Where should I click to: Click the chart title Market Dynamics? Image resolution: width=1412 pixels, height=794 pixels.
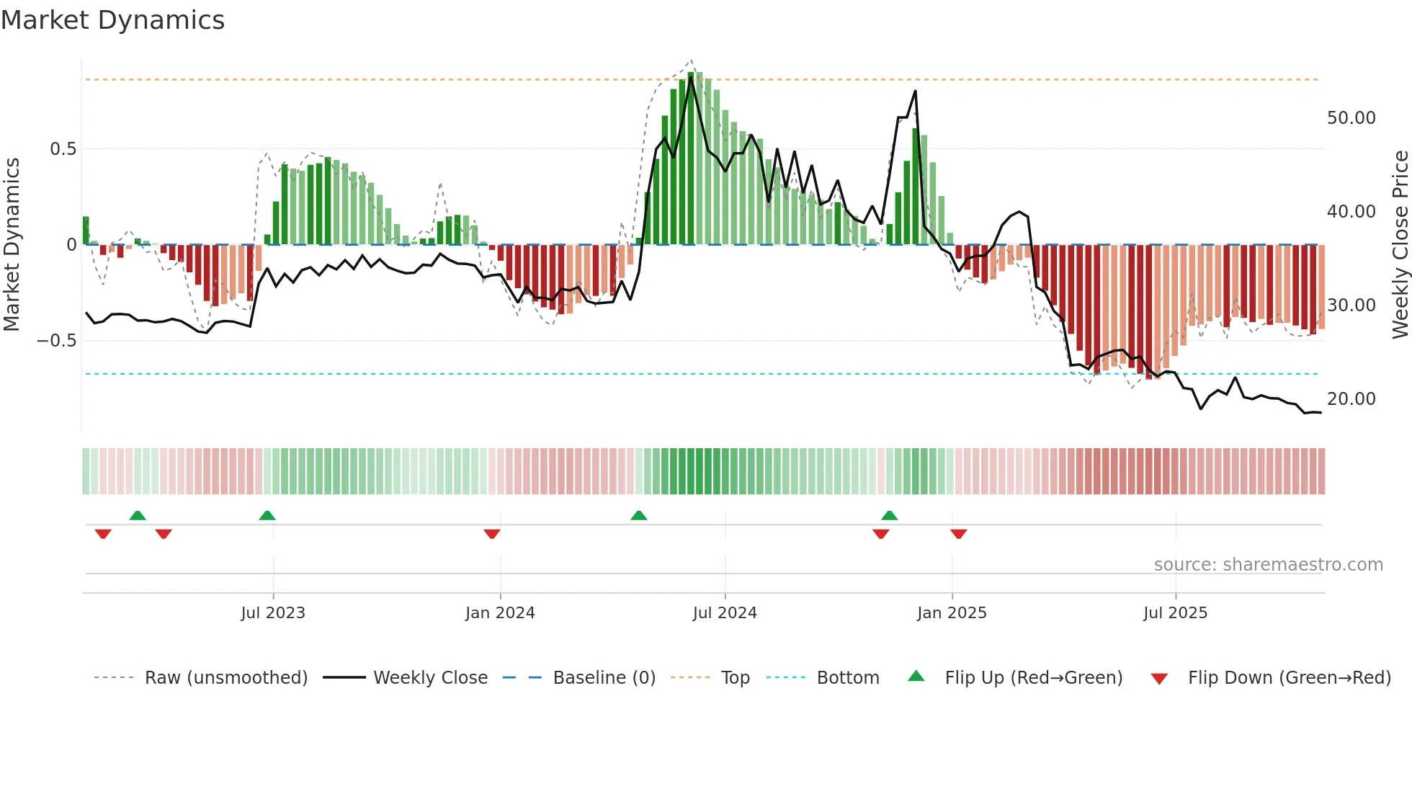click(x=113, y=20)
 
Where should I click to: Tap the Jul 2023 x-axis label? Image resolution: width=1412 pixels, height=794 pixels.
click(x=273, y=613)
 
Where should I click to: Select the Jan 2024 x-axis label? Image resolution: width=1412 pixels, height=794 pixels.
click(x=500, y=613)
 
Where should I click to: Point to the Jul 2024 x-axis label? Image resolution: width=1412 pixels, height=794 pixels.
click(x=725, y=613)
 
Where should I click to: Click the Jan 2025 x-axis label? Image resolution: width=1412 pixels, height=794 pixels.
click(x=952, y=613)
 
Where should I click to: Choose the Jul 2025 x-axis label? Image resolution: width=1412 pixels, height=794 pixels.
click(x=1175, y=613)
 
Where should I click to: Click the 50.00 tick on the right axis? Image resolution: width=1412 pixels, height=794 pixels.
click(x=1351, y=118)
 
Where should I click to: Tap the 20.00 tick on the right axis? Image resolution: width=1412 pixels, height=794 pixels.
click(x=1351, y=399)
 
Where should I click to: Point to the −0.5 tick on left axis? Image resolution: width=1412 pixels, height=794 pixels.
click(x=57, y=341)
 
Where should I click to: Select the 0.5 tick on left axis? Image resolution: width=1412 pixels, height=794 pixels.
click(x=63, y=149)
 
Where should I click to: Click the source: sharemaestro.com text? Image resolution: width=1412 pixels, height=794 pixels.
click(x=1268, y=565)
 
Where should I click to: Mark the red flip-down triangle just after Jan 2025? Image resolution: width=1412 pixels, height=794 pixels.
click(x=958, y=534)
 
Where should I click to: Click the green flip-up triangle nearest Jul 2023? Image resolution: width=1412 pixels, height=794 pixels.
click(x=267, y=515)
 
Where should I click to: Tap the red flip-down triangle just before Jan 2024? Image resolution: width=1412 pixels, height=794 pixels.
click(x=492, y=534)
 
